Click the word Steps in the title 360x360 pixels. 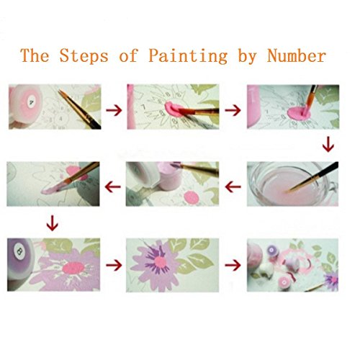pos(84,55)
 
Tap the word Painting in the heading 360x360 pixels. pos(188,56)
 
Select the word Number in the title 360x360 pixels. pos(297,55)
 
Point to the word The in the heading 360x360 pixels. pos(35,55)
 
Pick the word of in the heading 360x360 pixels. pos(128,55)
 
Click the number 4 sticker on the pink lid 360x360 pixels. pos(32,103)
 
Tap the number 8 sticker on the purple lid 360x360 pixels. pos(19,251)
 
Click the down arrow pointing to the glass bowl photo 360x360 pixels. pos(328,145)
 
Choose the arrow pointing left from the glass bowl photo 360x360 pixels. pos(233,186)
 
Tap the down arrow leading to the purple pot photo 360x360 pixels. pos(52,223)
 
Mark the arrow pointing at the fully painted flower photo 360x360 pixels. pos(114,265)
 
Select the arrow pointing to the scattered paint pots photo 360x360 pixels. pos(233,265)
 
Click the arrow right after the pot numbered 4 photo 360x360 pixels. pos(114,110)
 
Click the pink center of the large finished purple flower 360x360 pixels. pos(161,262)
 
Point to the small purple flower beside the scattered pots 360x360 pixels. pos(331,279)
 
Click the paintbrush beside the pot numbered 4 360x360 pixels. pos(79,109)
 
